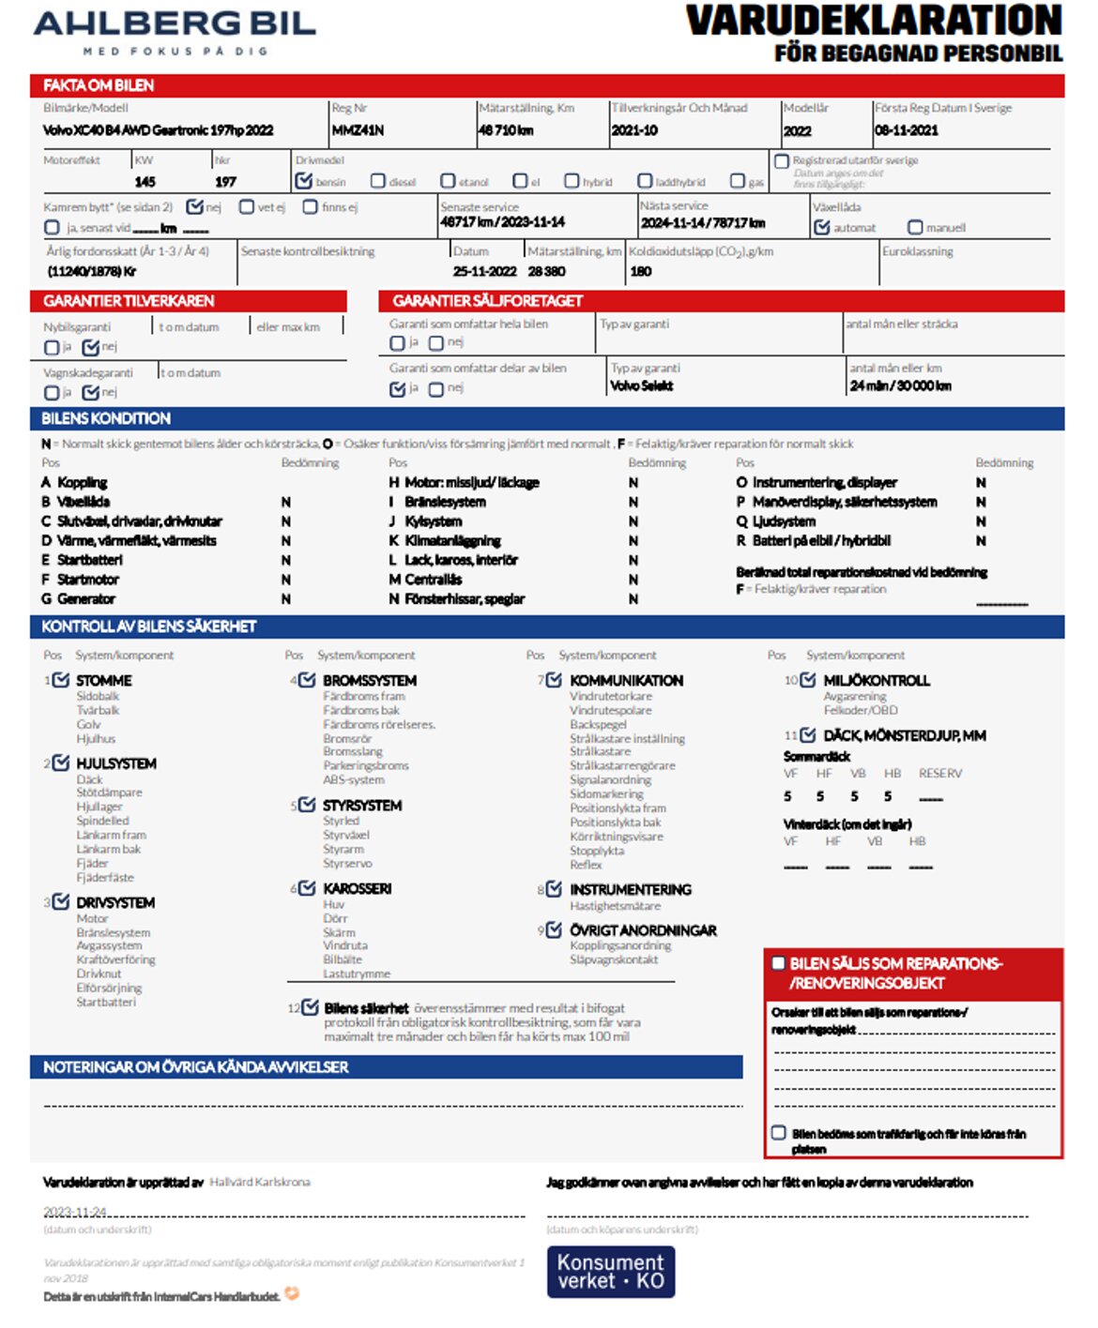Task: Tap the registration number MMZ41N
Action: point(358,130)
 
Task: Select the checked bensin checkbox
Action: point(304,181)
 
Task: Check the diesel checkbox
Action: point(378,181)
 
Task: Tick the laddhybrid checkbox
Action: point(645,181)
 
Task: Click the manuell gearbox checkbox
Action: point(915,227)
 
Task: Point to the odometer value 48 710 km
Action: point(506,130)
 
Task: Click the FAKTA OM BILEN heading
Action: point(99,85)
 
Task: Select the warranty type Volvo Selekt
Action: point(642,385)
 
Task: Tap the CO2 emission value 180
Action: point(641,271)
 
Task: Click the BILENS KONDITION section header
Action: point(106,418)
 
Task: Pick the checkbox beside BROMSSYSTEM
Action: point(307,680)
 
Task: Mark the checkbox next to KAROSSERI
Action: point(307,888)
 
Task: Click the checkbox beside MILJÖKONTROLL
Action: point(807,680)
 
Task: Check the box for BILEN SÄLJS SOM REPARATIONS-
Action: point(778,963)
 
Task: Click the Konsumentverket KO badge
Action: point(611,1272)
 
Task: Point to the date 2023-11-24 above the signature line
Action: point(75,1212)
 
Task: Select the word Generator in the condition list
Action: point(86,598)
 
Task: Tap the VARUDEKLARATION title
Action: point(874,21)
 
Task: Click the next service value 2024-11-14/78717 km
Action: point(703,223)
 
